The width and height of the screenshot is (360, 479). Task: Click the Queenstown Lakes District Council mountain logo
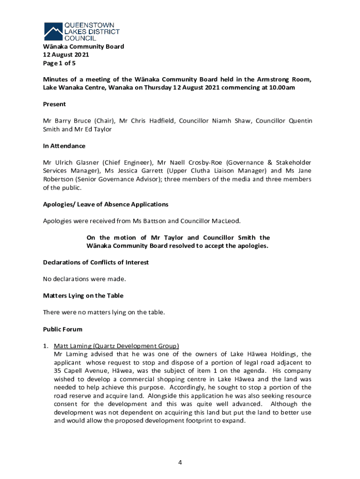tap(53, 31)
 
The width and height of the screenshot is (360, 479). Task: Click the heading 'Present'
tap(54, 104)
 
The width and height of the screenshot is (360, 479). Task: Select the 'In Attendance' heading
tap(64, 146)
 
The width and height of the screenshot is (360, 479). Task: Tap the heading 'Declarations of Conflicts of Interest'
tap(96, 262)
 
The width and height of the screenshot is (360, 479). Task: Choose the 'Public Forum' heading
tap(63, 329)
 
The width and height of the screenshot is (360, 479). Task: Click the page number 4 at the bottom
tap(180, 463)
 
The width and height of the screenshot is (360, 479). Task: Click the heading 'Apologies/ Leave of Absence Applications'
tap(106, 204)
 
